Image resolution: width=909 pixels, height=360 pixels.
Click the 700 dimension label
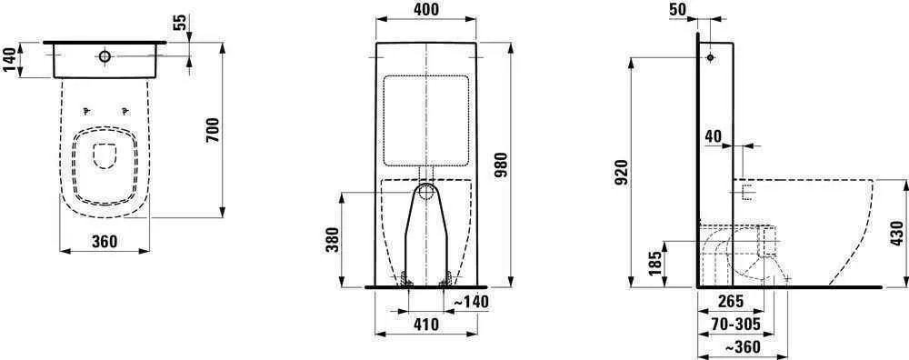click(213, 130)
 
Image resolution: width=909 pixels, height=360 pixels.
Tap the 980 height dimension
click(502, 165)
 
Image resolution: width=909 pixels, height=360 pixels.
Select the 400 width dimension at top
click(426, 9)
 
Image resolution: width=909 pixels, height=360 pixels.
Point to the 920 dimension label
click(621, 172)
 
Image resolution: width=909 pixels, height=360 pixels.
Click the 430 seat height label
click(896, 234)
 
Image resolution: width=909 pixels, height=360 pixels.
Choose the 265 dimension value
click(730, 302)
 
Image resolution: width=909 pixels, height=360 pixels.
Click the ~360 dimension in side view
click(742, 346)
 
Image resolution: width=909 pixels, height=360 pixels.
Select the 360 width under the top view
click(105, 241)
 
